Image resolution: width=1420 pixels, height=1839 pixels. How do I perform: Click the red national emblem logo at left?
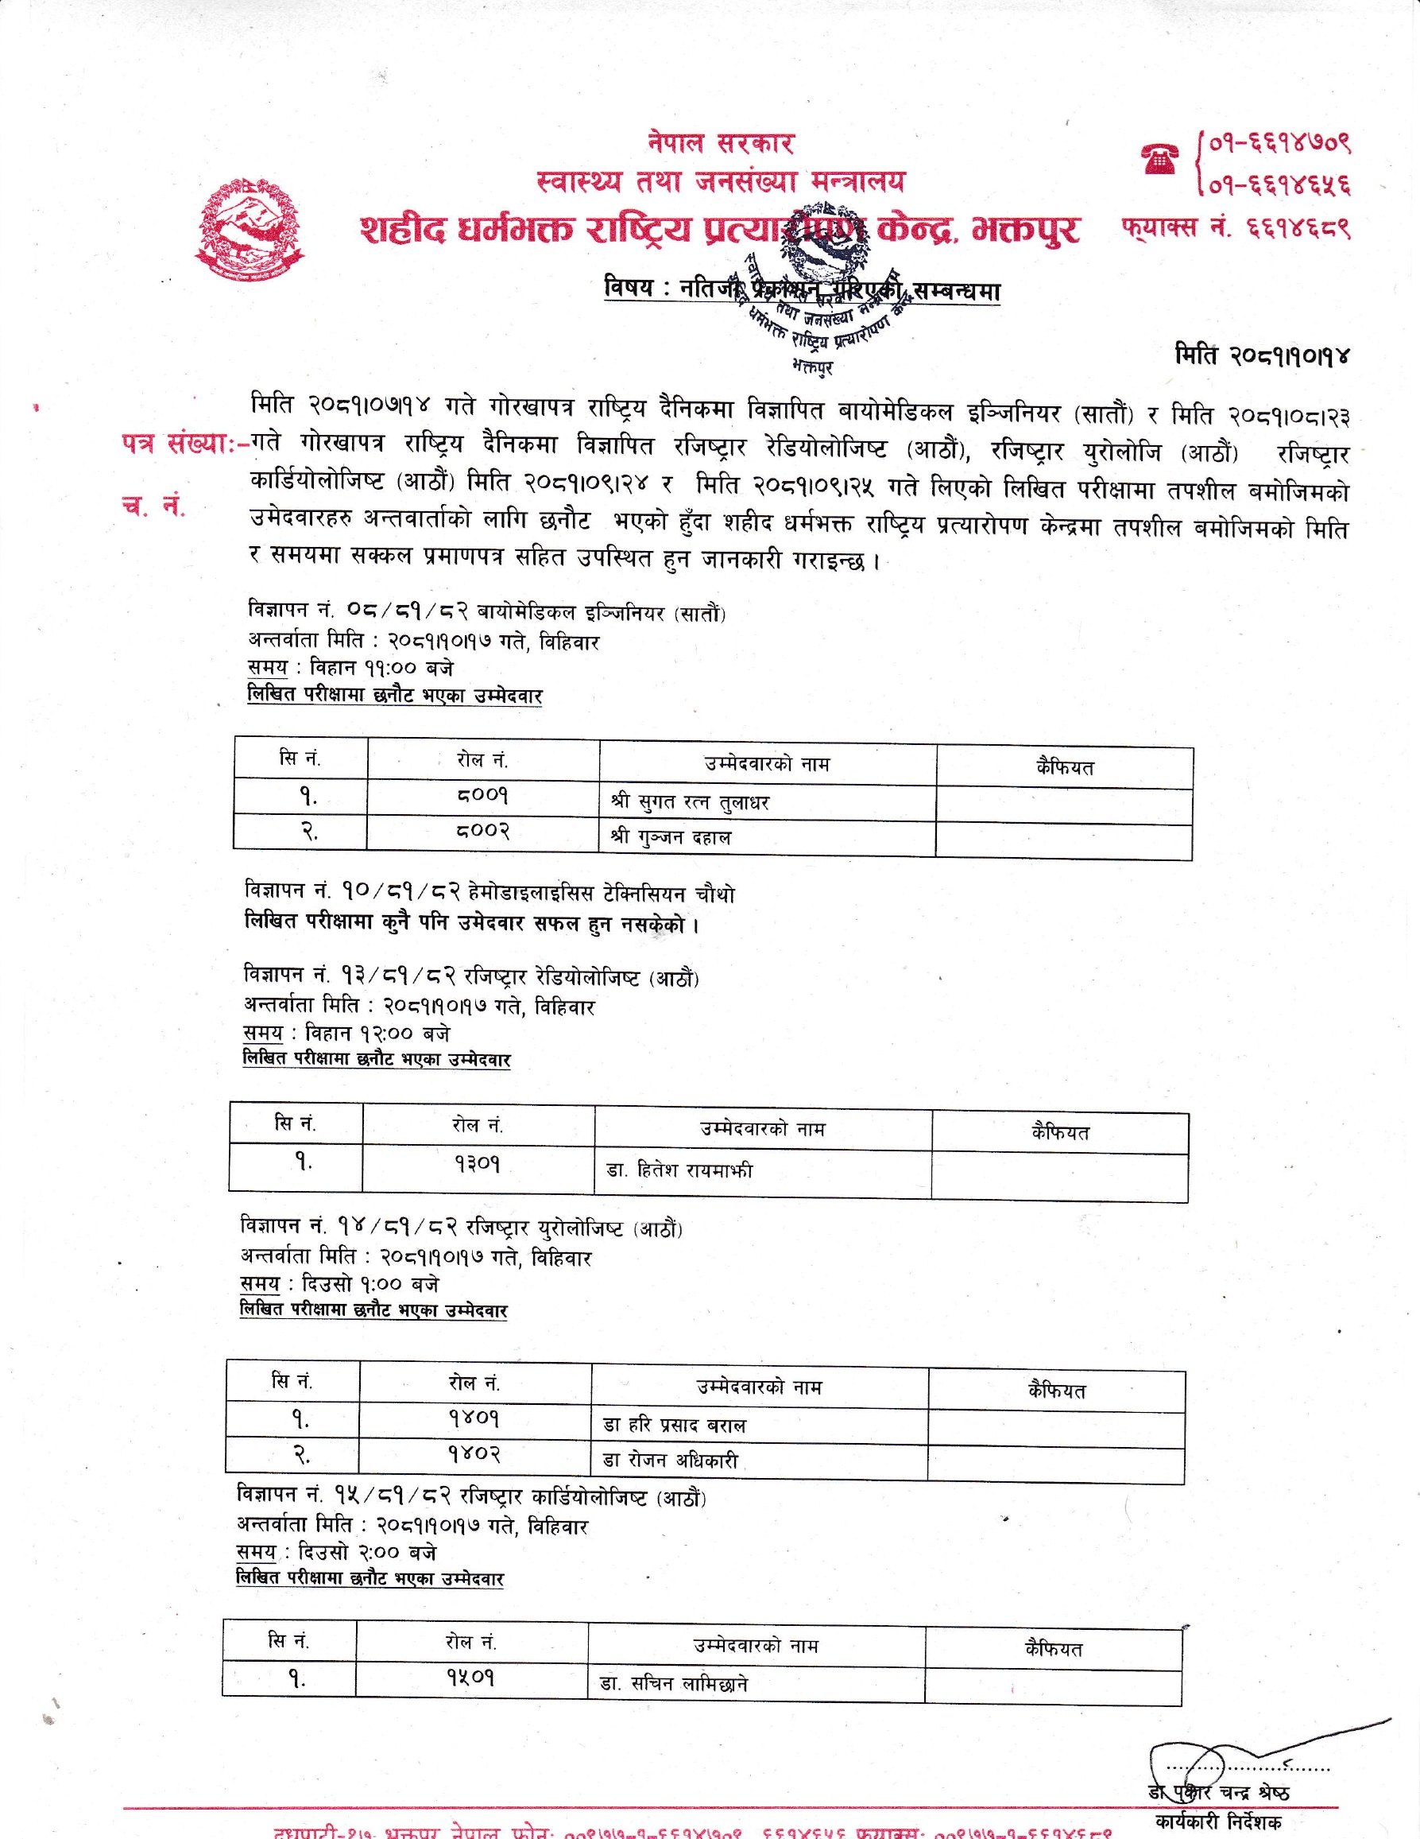[253, 227]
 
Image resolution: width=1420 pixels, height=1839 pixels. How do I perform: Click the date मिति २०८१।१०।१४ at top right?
[1262, 355]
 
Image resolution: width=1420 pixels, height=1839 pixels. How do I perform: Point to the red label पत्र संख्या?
[186, 445]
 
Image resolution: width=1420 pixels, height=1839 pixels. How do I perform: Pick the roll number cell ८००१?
[483, 796]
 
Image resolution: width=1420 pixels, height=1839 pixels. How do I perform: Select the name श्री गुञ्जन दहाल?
[671, 838]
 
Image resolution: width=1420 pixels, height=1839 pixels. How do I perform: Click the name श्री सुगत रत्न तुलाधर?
[691, 801]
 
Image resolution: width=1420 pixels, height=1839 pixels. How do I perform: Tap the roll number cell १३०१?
[478, 1165]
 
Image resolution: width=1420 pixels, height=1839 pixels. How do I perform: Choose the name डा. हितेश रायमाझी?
[679, 1170]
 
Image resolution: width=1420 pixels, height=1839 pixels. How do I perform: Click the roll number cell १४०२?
[475, 1454]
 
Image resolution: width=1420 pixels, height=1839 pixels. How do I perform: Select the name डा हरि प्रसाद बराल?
[674, 1426]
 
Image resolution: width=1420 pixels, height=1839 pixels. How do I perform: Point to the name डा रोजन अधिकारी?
[670, 1460]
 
